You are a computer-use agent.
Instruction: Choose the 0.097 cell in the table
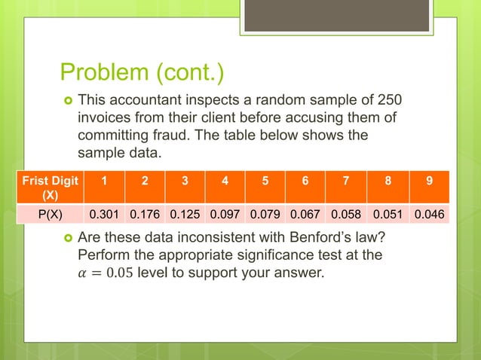[226, 215]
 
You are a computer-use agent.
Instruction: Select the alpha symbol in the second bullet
[83, 273]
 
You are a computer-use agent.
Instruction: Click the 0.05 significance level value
[118, 273]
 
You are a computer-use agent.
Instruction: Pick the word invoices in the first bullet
[103, 117]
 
